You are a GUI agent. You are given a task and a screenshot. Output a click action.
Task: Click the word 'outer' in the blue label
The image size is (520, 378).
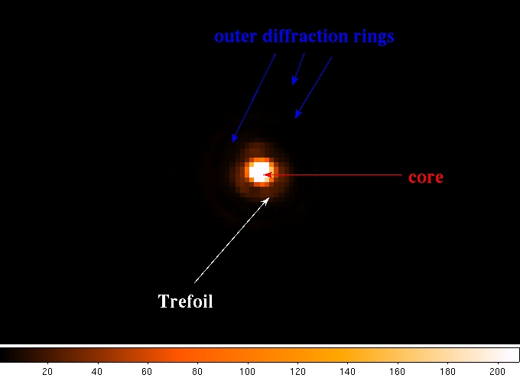click(236, 36)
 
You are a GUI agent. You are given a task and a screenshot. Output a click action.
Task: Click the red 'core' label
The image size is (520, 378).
click(426, 178)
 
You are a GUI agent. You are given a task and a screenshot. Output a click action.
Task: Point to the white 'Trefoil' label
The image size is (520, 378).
click(185, 301)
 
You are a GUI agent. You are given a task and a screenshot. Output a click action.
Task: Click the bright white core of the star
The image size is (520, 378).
click(259, 171)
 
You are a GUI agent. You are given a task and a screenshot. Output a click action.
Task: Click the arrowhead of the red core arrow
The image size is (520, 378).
click(267, 174)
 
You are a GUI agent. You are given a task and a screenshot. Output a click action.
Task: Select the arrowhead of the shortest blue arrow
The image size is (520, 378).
click(294, 80)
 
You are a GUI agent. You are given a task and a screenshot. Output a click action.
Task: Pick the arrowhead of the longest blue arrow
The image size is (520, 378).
click(234, 138)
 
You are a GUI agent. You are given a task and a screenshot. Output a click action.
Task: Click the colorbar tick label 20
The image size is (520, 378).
click(47, 372)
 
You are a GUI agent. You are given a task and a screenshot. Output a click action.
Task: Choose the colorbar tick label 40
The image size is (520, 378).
click(97, 372)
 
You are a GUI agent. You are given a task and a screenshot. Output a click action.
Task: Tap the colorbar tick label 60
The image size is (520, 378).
click(147, 372)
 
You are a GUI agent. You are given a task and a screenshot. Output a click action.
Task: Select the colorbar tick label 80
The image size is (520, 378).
click(197, 372)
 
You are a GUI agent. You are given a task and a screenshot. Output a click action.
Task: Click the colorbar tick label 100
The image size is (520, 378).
click(248, 372)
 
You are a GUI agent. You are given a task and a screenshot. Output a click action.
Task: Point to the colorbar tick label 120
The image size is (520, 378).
click(297, 372)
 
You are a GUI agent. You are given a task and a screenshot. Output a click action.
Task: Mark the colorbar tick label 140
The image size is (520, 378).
click(347, 372)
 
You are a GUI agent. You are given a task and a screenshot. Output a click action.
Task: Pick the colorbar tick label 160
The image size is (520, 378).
click(398, 372)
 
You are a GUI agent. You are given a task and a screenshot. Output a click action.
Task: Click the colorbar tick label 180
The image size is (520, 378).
click(447, 372)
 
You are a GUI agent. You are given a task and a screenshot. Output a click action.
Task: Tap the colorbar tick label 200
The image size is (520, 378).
click(498, 372)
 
